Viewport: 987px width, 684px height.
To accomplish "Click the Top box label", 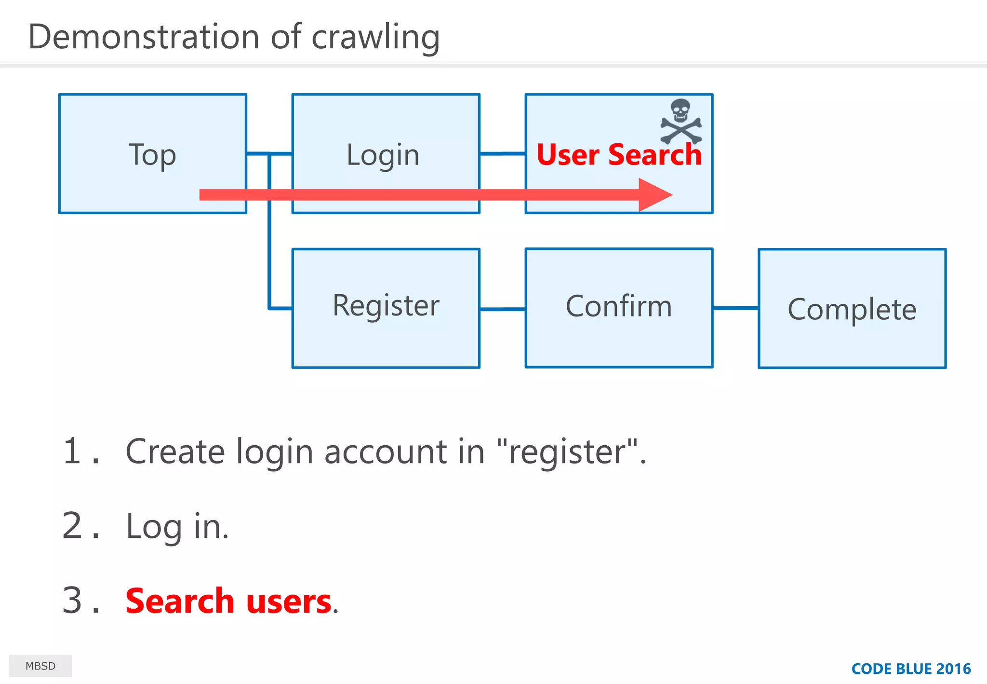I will [152, 155].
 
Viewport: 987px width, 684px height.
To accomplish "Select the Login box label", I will [383, 155].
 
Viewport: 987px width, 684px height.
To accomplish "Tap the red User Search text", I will [619, 155].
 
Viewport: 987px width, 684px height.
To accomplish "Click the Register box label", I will [386, 306].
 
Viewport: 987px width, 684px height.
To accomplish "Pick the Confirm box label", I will [619, 306].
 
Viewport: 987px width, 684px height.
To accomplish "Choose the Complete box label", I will [852, 309].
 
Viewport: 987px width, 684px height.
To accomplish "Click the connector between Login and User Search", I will [502, 153].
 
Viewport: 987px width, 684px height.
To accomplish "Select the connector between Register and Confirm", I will [502, 309].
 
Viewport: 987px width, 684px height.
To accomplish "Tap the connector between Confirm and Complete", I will [735, 308].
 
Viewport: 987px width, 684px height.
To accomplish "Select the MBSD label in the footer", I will [40, 666].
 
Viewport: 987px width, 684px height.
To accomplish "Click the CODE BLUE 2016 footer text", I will [911, 669].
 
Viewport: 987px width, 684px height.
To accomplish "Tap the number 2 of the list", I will [72, 525].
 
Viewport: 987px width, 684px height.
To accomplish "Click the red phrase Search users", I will [228, 601].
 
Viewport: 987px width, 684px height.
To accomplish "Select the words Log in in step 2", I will [176, 526].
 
